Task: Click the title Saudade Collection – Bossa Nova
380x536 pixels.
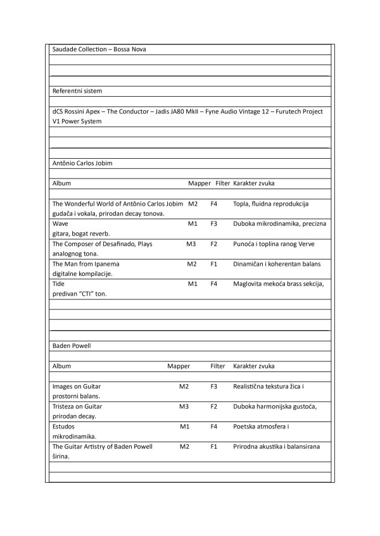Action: click(99, 49)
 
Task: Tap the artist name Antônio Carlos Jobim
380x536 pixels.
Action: click(82, 163)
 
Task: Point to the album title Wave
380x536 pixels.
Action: click(61, 223)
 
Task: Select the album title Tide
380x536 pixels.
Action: click(59, 284)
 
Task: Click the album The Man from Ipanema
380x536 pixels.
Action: click(86, 264)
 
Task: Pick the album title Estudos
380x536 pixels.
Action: click(63, 427)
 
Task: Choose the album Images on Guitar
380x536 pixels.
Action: click(77, 386)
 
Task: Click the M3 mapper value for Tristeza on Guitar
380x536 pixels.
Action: click(184, 406)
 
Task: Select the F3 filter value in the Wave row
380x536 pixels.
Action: click(214, 223)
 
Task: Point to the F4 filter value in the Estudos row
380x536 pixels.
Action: click(214, 427)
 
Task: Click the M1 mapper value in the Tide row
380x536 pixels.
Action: click(193, 284)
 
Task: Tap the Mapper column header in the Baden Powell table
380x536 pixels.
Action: click(179, 366)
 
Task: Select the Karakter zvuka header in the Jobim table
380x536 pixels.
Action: click(253, 183)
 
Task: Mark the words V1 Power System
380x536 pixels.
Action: click(77, 121)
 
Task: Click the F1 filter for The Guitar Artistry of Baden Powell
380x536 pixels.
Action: click(214, 447)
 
